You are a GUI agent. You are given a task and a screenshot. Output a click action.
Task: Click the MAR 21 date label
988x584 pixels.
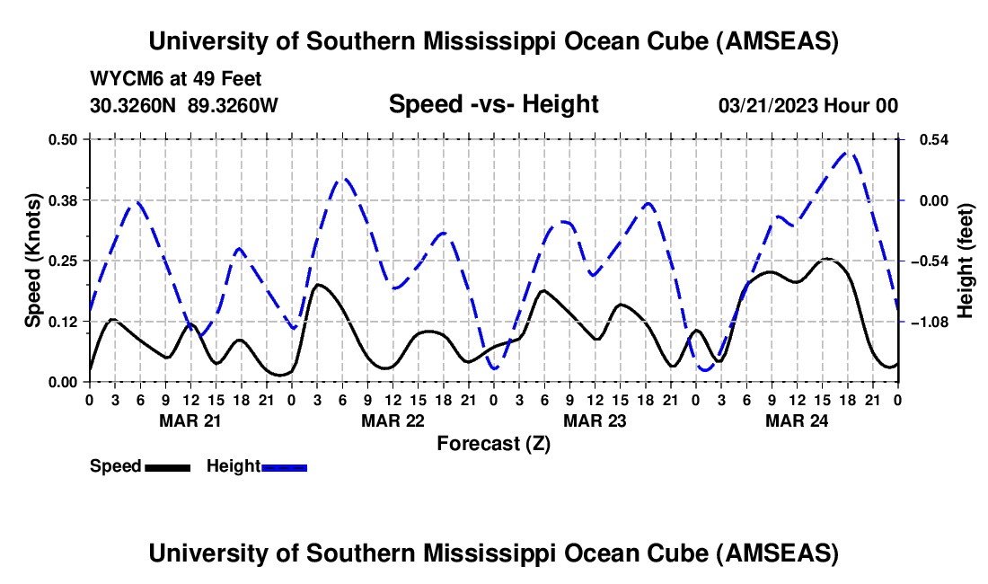(x=190, y=420)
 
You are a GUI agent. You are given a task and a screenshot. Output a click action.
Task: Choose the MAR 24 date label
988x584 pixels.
(x=796, y=420)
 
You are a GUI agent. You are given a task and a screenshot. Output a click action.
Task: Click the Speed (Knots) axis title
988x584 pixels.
(x=33, y=261)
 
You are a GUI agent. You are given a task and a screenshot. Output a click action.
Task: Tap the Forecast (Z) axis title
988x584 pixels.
(x=493, y=442)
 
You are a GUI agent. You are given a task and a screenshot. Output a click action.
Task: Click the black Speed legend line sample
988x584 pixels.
(x=167, y=466)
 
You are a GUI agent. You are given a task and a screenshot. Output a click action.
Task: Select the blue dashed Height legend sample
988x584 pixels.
(x=284, y=466)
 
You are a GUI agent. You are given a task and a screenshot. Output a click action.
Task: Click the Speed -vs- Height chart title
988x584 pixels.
(x=493, y=104)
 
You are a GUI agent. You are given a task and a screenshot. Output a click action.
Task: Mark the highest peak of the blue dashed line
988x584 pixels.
(x=847, y=152)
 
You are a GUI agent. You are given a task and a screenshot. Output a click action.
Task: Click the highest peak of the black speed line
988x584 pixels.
(x=827, y=259)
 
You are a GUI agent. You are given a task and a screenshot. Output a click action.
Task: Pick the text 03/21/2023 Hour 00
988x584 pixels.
(x=807, y=105)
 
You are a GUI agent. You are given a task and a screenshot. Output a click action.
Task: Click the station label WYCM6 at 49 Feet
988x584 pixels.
(x=176, y=79)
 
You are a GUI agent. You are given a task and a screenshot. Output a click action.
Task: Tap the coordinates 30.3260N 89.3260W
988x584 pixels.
(x=184, y=105)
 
